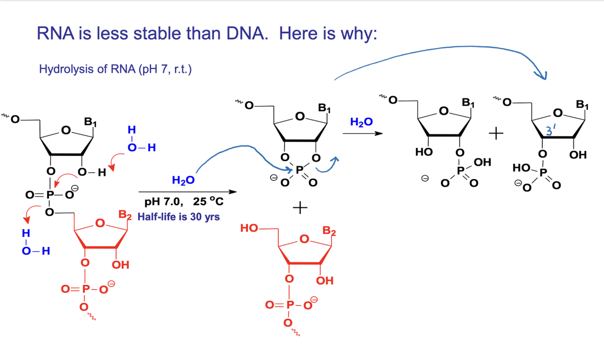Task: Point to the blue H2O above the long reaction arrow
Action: coord(183,180)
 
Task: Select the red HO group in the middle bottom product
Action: coord(249,228)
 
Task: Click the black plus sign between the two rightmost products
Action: coord(496,134)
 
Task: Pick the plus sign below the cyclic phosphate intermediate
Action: coord(300,208)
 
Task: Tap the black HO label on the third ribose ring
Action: coord(424,153)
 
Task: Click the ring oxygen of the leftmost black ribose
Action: coord(66,131)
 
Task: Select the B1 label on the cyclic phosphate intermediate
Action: coord(325,109)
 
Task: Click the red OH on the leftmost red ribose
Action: coord(120,265)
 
